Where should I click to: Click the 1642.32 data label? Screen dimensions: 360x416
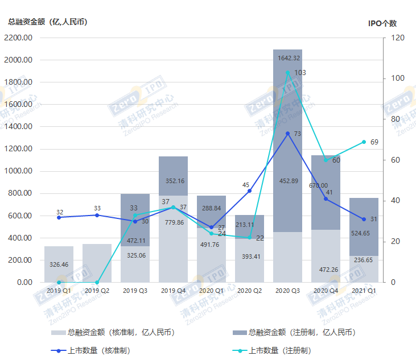point(288,58)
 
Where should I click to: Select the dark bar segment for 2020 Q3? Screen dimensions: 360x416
point(288,142)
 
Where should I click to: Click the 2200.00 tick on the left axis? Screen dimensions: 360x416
point(18,38)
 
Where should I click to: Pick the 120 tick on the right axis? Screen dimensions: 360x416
point(397,38)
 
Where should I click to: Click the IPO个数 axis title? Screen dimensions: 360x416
point(382,23)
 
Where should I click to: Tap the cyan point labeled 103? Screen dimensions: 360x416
point(288,73)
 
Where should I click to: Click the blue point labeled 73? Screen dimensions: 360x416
point(288,134)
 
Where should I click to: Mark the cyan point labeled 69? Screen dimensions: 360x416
point(364,142)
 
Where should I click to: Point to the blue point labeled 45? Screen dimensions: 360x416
point(250,191)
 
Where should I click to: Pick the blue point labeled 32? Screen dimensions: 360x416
point(59,217)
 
